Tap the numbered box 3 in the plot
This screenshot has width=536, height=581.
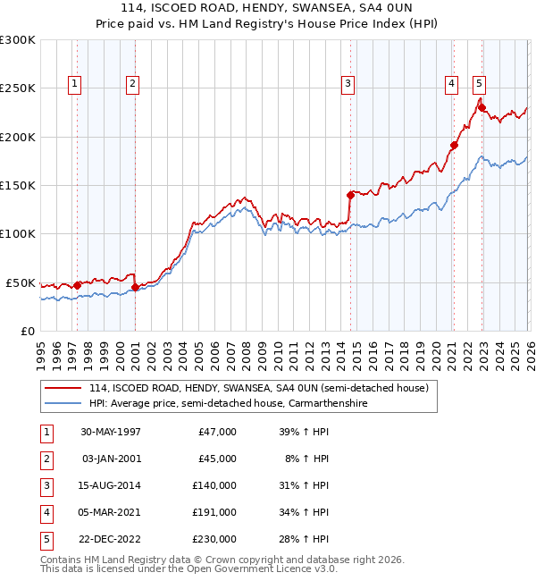coord(348,84)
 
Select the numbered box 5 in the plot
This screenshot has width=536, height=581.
coord(480,84)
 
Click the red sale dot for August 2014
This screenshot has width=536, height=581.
coord(350,194)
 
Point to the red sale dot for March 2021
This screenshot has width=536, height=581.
coord(454,145)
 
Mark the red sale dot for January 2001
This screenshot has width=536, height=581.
coord(135,287)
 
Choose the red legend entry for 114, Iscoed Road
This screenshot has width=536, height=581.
coord(259,388)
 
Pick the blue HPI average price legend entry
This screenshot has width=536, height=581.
coord(228,404)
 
